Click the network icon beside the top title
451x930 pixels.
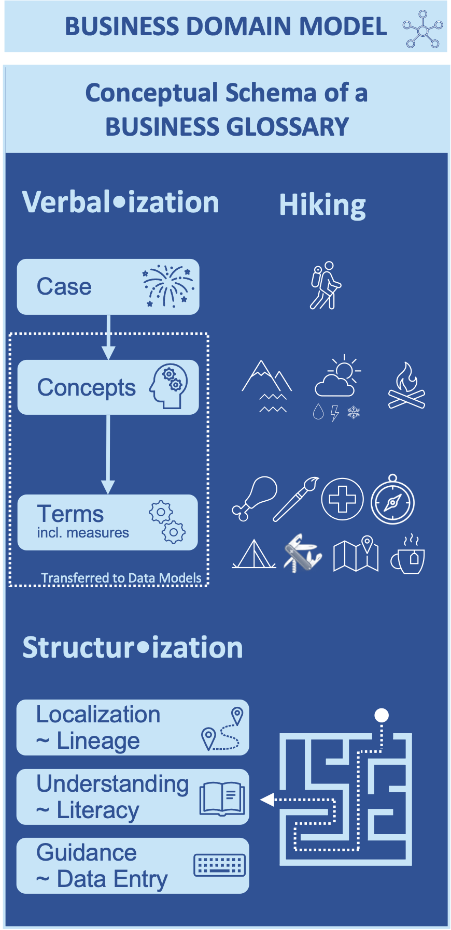pyautogui.click(x=423, y=30)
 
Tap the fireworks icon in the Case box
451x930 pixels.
pyautogui.click(x=168, y=286)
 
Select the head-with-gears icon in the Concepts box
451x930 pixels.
pyautogui.click(x=168, y=386)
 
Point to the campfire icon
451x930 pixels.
pyautogui.click(x=406, y=386)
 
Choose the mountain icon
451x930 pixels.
pyautogui.click(x=267, y=386)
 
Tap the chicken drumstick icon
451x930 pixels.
pyautogui.click(x=254, y=498)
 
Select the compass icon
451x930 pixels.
pyautogui.click(x=392, y=500)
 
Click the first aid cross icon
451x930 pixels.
pyautogui.click(x=342, y=499)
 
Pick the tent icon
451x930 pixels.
pyautogui.click(x=253, y=555)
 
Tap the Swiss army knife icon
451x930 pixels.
pyautogui.click(x=303, y=553)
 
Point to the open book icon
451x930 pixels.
pyautogui.click(x=222, y=798)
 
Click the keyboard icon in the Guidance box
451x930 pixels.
pyautogui.click(x=220, y=865)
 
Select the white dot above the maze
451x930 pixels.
pyautogui.click(x=382, y=715)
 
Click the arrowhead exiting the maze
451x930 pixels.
pyautogui.click(x=266, y=800)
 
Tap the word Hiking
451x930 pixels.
pyautogui.click(x=322, y=206)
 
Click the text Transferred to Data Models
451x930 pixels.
pyautogui.click(x=121, y=578)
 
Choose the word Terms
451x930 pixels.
pyautogui.click(x=71, y=514)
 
